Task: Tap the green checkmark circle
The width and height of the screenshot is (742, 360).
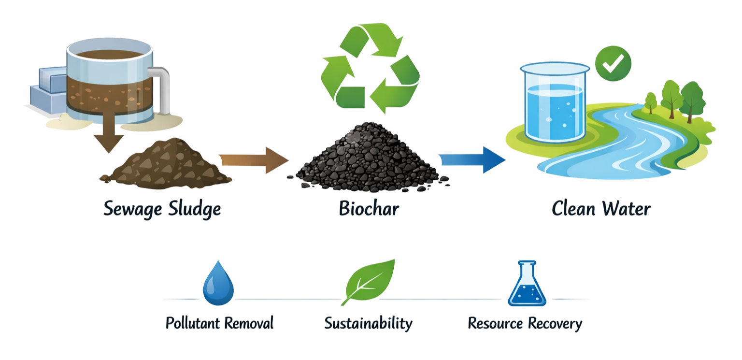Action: (x=613, y=63)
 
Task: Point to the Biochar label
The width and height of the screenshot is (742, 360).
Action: (x=369, y=209)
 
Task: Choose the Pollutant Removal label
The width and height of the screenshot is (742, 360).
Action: (x=219, y=323)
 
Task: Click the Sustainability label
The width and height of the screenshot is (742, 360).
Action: (x=368, y=323)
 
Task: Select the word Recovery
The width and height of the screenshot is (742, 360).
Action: (x=555, y=323)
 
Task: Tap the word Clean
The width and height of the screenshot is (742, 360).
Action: (x=572, y=209)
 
